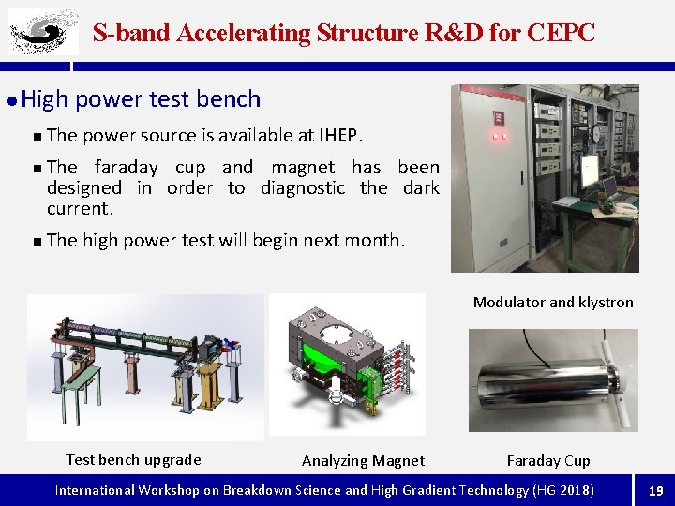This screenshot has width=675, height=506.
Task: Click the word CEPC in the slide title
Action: [561, 33]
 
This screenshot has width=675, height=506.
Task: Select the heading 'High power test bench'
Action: [141, 98]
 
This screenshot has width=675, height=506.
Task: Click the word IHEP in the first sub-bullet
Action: [339, 135]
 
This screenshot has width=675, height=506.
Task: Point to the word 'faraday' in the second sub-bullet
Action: [127, 167]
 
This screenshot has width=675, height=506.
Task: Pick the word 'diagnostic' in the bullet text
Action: [304, 187]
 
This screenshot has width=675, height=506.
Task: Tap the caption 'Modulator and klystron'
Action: [553, 302]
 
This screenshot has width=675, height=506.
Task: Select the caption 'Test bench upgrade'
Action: [133, 459]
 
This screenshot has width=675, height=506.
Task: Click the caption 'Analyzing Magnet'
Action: [363, 460]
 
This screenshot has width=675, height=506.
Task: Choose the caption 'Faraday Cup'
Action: [548, 460]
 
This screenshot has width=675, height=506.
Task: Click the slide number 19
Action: [655, 490]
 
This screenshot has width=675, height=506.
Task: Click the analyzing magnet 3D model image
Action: [347, 365]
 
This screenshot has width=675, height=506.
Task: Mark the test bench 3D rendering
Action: [145, 365]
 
